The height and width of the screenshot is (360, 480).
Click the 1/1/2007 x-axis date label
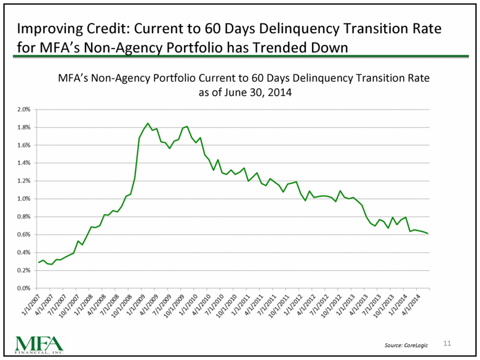tap(30, 303)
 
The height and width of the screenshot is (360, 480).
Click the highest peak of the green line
tap(148, 123)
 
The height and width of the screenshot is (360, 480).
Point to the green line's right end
tap(428, 233)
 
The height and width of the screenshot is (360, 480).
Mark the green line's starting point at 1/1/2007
tap(39, 263)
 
